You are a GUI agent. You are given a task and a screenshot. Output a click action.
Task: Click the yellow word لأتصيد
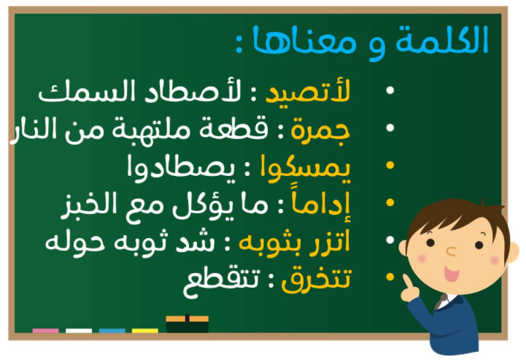pos(308,91)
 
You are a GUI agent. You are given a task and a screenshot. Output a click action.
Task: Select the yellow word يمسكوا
pos(306,168)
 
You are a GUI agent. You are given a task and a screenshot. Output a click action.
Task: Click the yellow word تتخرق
pos(316,280)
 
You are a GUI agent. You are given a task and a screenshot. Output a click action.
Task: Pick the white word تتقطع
pos(221,281)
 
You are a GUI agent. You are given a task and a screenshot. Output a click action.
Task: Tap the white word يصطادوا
pos(181,168)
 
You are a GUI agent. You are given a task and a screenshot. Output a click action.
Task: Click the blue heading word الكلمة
pos(442,39)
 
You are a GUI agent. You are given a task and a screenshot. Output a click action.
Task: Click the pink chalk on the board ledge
pos(46,331)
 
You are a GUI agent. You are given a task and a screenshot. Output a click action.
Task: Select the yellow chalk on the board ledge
pos(145,331)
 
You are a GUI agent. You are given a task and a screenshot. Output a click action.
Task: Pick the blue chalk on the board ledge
pos(112,331)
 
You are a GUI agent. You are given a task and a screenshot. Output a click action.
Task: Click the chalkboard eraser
pos(187,323)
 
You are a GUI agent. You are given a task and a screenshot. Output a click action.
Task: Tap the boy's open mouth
pos(451,273)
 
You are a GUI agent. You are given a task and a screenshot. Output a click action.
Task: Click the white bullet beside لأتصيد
pos(390,91)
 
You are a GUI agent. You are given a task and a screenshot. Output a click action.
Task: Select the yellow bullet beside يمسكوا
pos(390,165)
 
